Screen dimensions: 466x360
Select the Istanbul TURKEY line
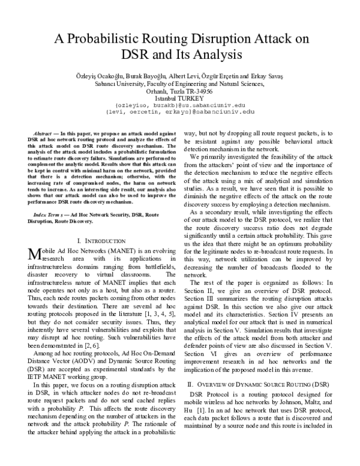pyautogui.click(x=179, y=98)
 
